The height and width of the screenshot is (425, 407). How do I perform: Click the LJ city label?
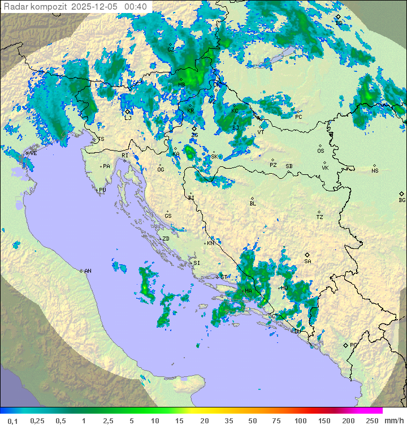[x=128, y=118]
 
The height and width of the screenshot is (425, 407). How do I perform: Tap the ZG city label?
[x=194, y=135]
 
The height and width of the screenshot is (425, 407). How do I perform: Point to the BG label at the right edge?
[x=402, y=200]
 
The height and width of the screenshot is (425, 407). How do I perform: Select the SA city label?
[x=308, y=261]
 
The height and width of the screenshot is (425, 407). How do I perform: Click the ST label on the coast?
[x=224, y=277]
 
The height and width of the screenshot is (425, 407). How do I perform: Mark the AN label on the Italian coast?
[x=88, y=271]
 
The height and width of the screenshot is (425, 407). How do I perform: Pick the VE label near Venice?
[x=33, y=153]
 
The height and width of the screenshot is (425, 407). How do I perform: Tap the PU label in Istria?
[x=102, y=190]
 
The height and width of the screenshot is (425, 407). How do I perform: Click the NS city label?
[x=375, y=170]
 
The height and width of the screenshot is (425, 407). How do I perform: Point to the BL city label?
[x=253, y=203]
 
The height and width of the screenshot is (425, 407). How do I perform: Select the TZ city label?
[x=320, y=217]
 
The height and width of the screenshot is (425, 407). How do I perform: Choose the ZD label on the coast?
[x=166, y=239]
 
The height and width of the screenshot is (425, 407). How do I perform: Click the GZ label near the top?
[x=171, y=49]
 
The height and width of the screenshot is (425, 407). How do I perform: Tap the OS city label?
[x=321, y=151]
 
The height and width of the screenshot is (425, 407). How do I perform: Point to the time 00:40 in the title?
[x=136, y=6]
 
